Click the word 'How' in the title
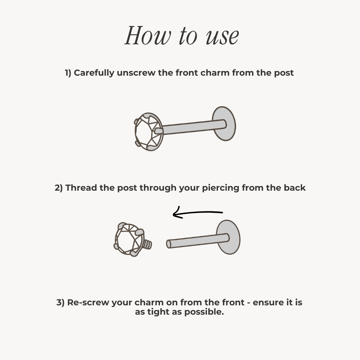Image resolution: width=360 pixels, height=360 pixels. (x=148, y=35)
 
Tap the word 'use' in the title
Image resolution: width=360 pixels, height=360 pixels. (x=222, y=36)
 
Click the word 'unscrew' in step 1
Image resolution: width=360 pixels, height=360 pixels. (x=136, y=73)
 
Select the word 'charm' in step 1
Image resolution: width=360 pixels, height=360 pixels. (x=215, y=73)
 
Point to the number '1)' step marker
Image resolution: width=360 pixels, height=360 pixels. (x=68, y=73)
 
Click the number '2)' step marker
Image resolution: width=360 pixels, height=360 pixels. (x=59, y=188)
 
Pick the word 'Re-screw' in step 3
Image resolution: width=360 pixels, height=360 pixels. (x=88, y=302)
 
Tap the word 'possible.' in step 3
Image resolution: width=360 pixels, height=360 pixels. (x=204, y=312)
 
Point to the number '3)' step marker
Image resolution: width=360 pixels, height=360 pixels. (x=60, y=303)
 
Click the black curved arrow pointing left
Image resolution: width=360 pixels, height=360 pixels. (x=198, y=213)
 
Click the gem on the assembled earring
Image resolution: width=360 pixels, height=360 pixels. (x=149, y=132)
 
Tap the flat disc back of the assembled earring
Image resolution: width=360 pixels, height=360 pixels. (x=224, y=124)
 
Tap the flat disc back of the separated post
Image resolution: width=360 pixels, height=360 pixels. (x=228, y=237)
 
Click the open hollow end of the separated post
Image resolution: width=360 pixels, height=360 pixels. (x=169, y=244)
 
